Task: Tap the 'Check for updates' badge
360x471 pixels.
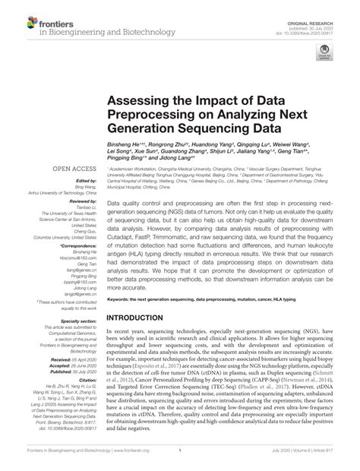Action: (x=325, y=55)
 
